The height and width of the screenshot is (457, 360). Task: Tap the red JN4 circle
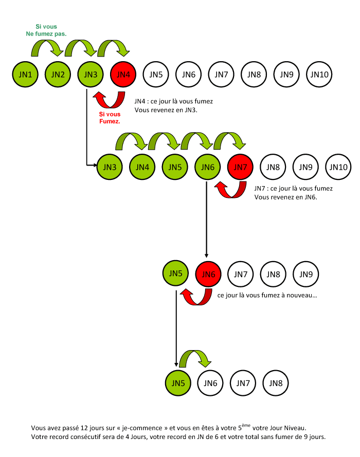click(123, 75)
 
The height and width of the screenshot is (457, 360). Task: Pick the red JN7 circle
click(241, 167)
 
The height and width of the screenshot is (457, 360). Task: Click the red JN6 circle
click(208, 274)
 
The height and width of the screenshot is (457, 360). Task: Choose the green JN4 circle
click(143, 167)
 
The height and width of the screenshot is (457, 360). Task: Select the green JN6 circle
click(208, 167)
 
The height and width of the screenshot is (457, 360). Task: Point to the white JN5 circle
click(156, 75)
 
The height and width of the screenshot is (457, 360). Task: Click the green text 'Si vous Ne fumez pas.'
click(46, 30)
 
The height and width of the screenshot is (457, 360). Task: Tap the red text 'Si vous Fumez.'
click(110, 118)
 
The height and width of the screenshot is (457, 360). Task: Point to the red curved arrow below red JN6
click(196, 297)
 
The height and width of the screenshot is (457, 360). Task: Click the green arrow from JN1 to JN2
click(46, 47)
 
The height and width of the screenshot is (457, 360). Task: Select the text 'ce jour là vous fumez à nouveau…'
click(267, 296)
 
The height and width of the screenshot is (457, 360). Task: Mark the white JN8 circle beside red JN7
click(274, 167)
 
